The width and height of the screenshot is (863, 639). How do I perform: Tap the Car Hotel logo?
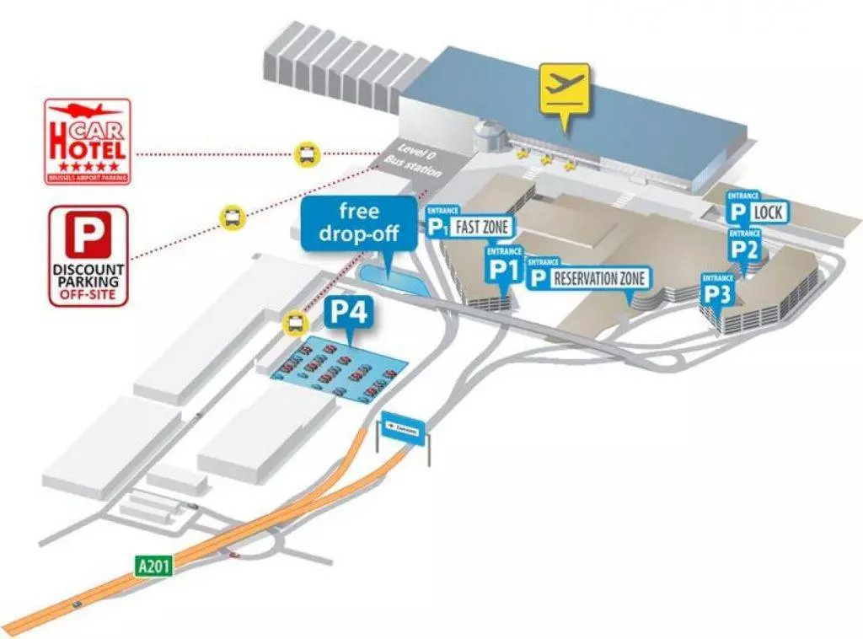(x=88, y=142)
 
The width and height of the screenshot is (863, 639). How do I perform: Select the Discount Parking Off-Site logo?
(x=88, y=255)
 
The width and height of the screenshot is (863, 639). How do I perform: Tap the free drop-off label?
(x=359, y=222)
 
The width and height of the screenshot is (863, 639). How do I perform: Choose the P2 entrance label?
(x=745, y=249)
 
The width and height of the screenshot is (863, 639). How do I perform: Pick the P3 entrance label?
(x=719, y=293)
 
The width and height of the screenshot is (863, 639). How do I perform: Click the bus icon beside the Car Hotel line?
(x=307, y=153)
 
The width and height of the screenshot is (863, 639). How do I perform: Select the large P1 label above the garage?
(x=504, y=269)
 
